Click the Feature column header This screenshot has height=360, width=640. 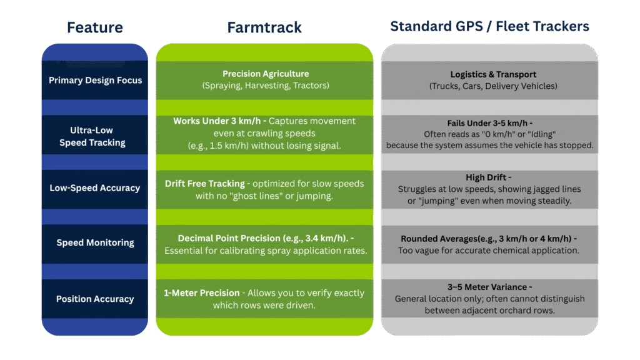tap(95, 27)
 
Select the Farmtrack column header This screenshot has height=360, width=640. tap(264, 27)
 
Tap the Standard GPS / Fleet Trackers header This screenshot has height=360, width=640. tap(489, 27)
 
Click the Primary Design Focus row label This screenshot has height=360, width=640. tap(95, 80)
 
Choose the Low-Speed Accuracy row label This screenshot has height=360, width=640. tap(95, 187)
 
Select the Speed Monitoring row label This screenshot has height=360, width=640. tap(95, 242)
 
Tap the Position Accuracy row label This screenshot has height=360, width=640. tap(95, 299)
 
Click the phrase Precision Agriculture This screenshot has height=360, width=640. tap(266, 74)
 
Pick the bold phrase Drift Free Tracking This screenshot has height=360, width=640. tap(204, 184)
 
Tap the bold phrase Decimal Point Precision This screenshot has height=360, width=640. tap(231, 238)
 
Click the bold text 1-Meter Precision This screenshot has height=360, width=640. tap(201, 292)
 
